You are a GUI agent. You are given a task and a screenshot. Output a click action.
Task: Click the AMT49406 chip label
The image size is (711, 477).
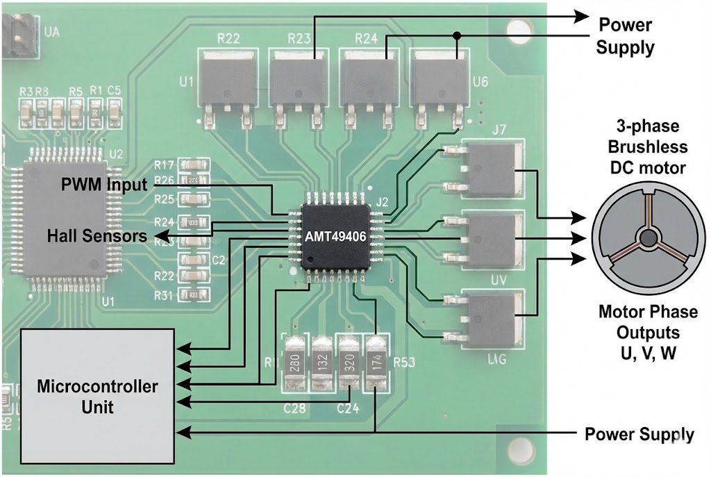335,237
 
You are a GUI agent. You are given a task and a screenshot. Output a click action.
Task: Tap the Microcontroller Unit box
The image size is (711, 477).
97,395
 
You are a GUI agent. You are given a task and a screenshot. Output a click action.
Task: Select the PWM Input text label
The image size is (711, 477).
104,185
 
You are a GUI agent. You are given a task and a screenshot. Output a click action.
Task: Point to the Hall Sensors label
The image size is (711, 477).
97,236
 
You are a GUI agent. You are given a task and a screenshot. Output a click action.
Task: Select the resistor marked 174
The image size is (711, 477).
376,363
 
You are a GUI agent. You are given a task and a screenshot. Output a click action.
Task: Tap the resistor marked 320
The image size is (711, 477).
349,364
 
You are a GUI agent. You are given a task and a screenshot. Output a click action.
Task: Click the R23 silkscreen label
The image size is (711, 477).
299,39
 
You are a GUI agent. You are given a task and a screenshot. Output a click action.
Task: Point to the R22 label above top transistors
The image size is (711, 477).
228,39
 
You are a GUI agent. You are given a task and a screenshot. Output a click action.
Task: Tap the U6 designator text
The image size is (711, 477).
480,83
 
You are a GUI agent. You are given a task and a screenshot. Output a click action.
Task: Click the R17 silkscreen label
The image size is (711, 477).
164,165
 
